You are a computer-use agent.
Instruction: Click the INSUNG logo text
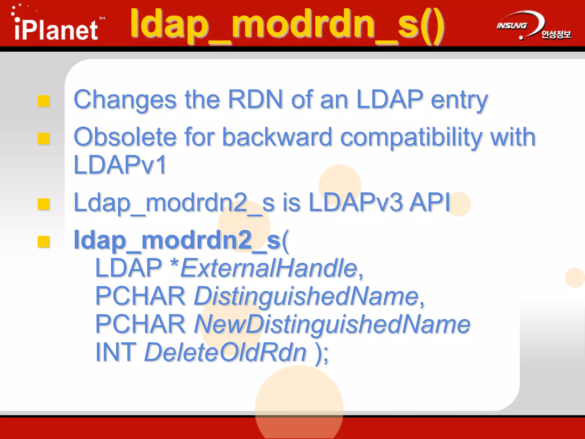pyautogui.click(x=511, y=26)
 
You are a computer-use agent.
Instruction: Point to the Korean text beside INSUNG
pyautogui.click(x=556, y=35)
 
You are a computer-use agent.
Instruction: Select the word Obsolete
pyautogui.click(x=125, y=137)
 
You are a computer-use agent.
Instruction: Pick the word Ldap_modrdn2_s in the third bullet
pyautogui.click(x=160, y=203)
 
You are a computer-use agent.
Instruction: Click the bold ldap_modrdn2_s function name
pyautogui.click(x=177, y=240)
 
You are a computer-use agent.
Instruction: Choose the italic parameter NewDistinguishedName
pyautogui.click(x=332, y=324)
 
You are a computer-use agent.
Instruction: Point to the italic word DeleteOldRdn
pyautogui.click(x=225, y=352)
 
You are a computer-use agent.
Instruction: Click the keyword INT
pyautogui.click(x=116, y=352)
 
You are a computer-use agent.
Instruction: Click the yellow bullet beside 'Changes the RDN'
pyautogui.click(x=44, y=101)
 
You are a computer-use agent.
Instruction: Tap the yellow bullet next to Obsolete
pyautogui.click(x=44, y=139)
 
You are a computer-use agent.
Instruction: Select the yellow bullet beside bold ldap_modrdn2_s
pyautogui.click(x=44, y=242)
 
